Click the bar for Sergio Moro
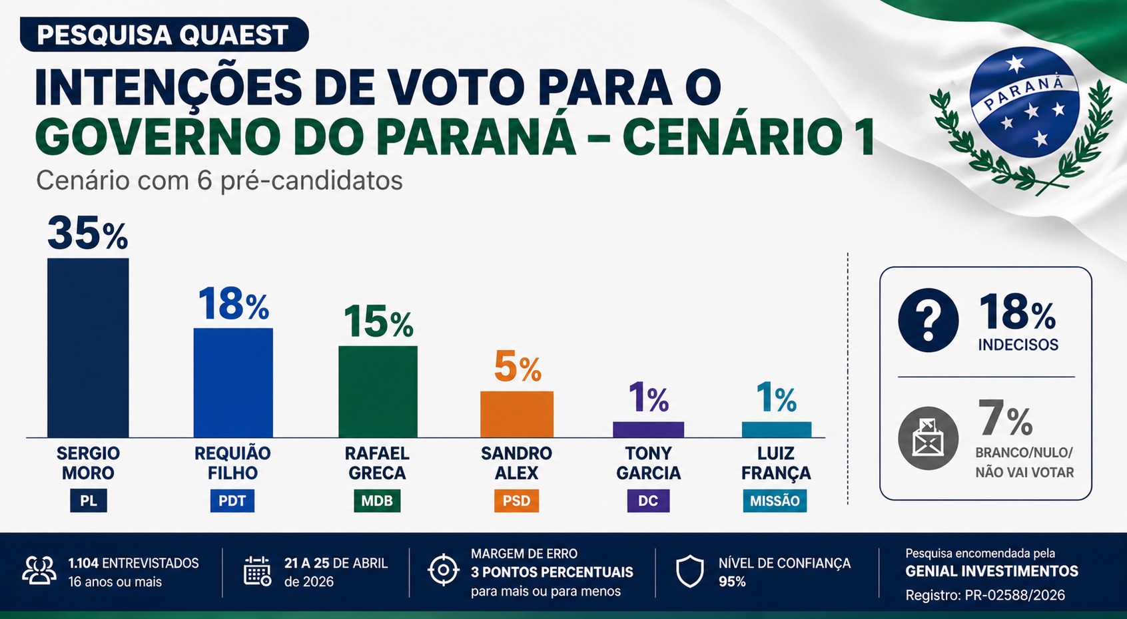pyautogui.click(x=88, y=347)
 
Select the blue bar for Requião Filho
pyautogui.click(x=233, y=383)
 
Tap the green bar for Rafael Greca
pyautogui.click(x=378, y=391)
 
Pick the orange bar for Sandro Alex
pyautogui.click(x=517, y=414)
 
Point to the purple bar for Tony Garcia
pyautogui.click(x=648, y=429)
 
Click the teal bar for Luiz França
pyautogui.click(x=777, y=429)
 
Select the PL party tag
pyautogui.click(x=89, y=501)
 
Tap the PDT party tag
pyautogui.click(x=232, y=501)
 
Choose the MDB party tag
pyautogui.click(x=377, y=501)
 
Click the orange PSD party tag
pyautogui.click(x=516, y=501)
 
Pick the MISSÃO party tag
pyautogui.click(x=775, y=501)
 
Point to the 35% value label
pyautogui.click(x=87, y=234)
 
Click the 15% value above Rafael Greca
pyautogui.click(x=378, y=322)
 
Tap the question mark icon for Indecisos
pyautogui.click(x=928, y=320)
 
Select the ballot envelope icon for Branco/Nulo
pyautogui.click(x=928, y=438)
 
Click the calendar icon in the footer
pyautogui.click(x=257, y=571)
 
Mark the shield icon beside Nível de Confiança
pyautogui.click(x=689, y=571)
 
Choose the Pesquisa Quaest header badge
pyautogui.click(x=164, y=35)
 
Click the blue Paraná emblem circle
pyautogui.click(x=1024, y=103)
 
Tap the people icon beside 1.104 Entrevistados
pyautogui.click(x=39, y=571)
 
